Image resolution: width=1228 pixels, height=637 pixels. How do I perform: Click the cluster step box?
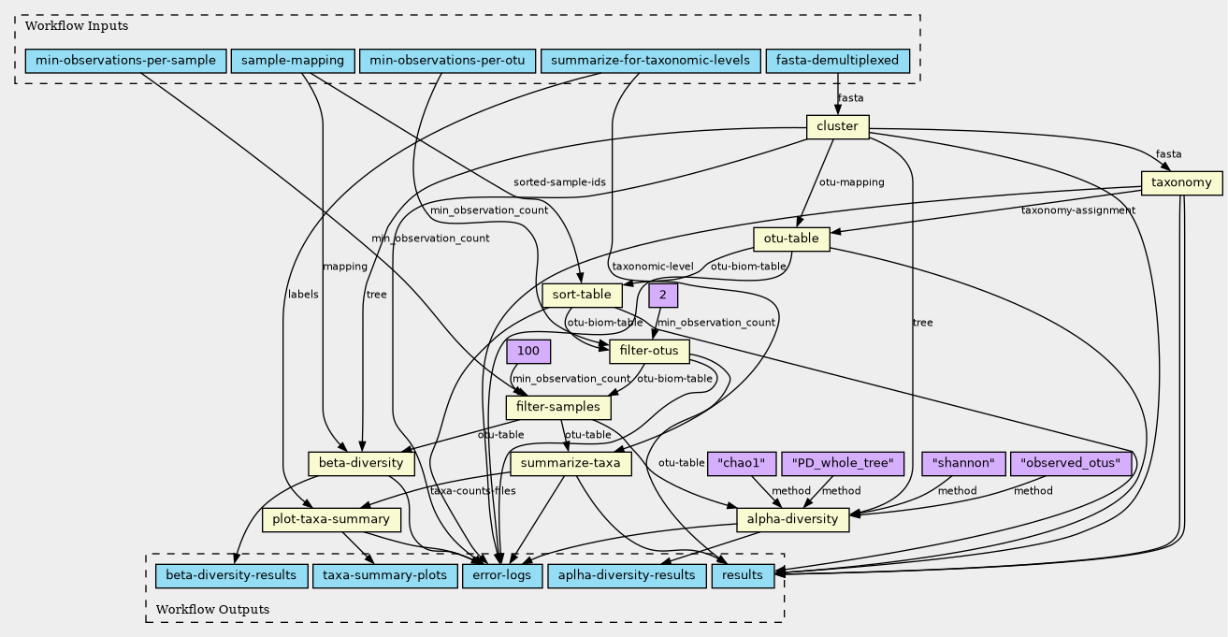pyautogui.click(x=838, y=126)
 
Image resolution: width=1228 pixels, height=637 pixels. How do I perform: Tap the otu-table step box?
pyautogui.click(x=791, y=239)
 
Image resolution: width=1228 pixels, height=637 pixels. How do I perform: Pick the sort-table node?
pyautogui.click(x=582, y=295)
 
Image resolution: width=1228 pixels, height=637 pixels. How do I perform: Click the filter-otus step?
pyautogui.click(x=649, y=352)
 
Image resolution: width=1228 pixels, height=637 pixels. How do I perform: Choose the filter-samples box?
pyautogui.click(x=558, y=407)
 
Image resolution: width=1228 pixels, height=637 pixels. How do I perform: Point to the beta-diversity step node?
pyautogui.click(x=360, y=463)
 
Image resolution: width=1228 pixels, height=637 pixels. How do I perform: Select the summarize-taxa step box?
pyautogui.click(x=571, y=463)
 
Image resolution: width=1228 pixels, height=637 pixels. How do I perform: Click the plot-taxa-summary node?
pyautogui.click(x=331, y=519)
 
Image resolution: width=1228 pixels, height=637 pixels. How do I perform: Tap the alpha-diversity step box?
pyautogui.click(x=793, y=519)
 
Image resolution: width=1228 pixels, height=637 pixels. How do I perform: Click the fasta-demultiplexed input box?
pyautogui.click(x=838, y=61)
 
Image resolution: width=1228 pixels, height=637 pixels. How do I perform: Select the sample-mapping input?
pyautogui.click(x=292, y=61)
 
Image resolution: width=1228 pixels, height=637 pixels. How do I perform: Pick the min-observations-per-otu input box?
pyautogui.click(x=446, y=61)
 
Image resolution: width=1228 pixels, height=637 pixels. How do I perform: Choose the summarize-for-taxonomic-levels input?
pyautogui.click(x=650, y=61)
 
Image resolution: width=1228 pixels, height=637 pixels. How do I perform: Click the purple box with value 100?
pyautogui.click(x=528, y=352)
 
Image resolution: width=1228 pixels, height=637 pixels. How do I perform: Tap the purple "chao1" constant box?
pyautogui.click(x=743, y=463)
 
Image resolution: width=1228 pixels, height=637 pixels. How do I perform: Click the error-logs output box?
pyautogui.click(x=501, y=574)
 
